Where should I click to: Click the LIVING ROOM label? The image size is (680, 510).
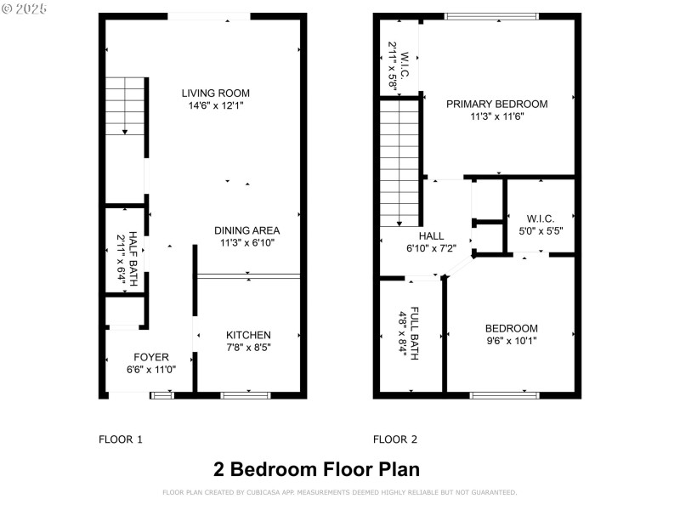click(216, 93)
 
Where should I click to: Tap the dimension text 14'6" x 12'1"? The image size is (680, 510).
click(216, 106)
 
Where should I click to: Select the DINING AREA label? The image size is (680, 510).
click(246, 230)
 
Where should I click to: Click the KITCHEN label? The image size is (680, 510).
click(248, 335)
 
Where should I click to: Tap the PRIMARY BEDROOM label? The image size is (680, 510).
click(497, 104)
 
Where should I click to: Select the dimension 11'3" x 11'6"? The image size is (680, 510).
click(497, 116)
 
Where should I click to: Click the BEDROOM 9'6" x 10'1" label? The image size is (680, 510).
click(511, 329)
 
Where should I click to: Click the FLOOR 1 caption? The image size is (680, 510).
click(121, 439)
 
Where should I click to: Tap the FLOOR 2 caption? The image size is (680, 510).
click(395, 439)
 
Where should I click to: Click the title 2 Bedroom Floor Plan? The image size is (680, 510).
click(315, 469)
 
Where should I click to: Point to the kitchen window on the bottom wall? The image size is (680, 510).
click(246, 395)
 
